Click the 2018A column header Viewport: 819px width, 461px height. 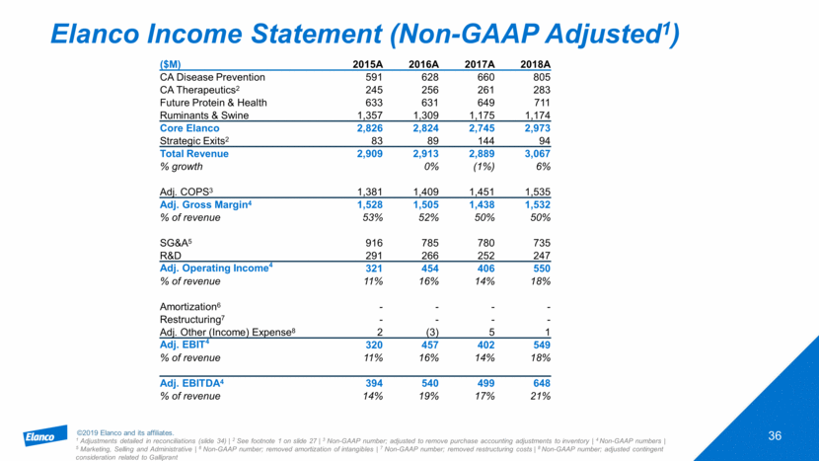[x=535, y=65]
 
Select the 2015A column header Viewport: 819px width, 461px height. [x=368, y=65]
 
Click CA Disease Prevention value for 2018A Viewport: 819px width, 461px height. [x=539, y=79]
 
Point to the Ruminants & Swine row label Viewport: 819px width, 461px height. [x=204, y=116]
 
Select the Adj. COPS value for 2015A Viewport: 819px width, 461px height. [x=368, y=192]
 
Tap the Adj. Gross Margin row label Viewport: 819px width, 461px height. [x=208, y=205]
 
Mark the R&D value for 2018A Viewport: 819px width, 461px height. [x=539, y=256]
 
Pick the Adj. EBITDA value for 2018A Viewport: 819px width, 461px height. [x=539, y=383]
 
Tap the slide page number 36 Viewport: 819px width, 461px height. [x=777, y=436]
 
